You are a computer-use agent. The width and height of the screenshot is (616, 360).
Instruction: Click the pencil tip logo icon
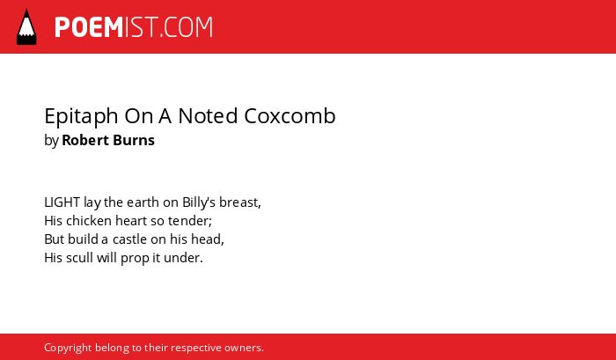pyautogui.click(x=26, y=26)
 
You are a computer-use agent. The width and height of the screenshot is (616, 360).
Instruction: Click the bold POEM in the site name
pyautogui.click(x=89, y=27)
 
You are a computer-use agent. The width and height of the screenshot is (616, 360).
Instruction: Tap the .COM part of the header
pyautogui.click(x=186, y=27)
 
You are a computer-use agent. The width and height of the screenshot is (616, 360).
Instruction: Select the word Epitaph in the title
pyautogui.click(x=81, y=117)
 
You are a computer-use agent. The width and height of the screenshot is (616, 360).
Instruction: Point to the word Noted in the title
pyautogui.click(x=208, y=116)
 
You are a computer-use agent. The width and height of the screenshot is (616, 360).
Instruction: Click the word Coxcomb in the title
pyautogui.click(x=290, y=116)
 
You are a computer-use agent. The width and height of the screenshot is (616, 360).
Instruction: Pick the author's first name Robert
pyautogui.click(x=84, y=140)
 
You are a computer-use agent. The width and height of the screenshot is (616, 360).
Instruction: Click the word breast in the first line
pyautogui.click(x=238, y=202)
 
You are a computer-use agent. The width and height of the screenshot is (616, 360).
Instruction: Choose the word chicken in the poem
pyautogui.click(x=89, y=221)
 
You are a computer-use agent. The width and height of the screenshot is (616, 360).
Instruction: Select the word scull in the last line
pyautogui.click(x=79, y=258)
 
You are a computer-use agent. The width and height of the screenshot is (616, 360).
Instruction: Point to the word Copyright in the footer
pyautogui.click(x=68, y=349)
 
